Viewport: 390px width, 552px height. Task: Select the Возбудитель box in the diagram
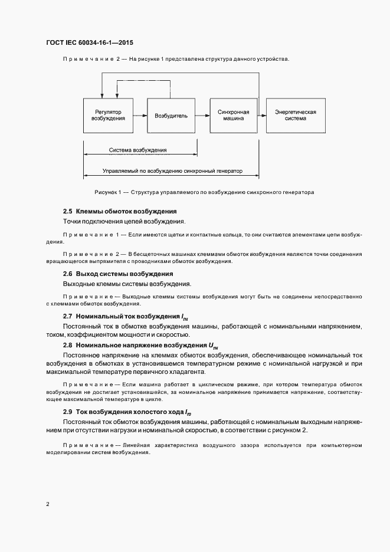click(171, 116)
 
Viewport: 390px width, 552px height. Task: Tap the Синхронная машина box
click(233, 115)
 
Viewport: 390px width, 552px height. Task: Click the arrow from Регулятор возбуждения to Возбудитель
click(140, 116)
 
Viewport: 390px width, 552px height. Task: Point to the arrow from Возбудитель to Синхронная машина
click(202, 116)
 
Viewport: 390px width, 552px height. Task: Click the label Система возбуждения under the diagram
click(137, 150)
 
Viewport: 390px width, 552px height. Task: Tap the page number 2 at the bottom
click(48, 504)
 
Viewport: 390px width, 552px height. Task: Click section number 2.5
click(67, 211)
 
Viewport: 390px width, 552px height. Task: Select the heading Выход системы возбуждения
click(124, 274)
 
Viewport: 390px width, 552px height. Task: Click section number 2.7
click(67, 316)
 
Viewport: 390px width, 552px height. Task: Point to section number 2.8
click(67, 345)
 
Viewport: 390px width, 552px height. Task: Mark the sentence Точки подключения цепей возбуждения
click(124, 222)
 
